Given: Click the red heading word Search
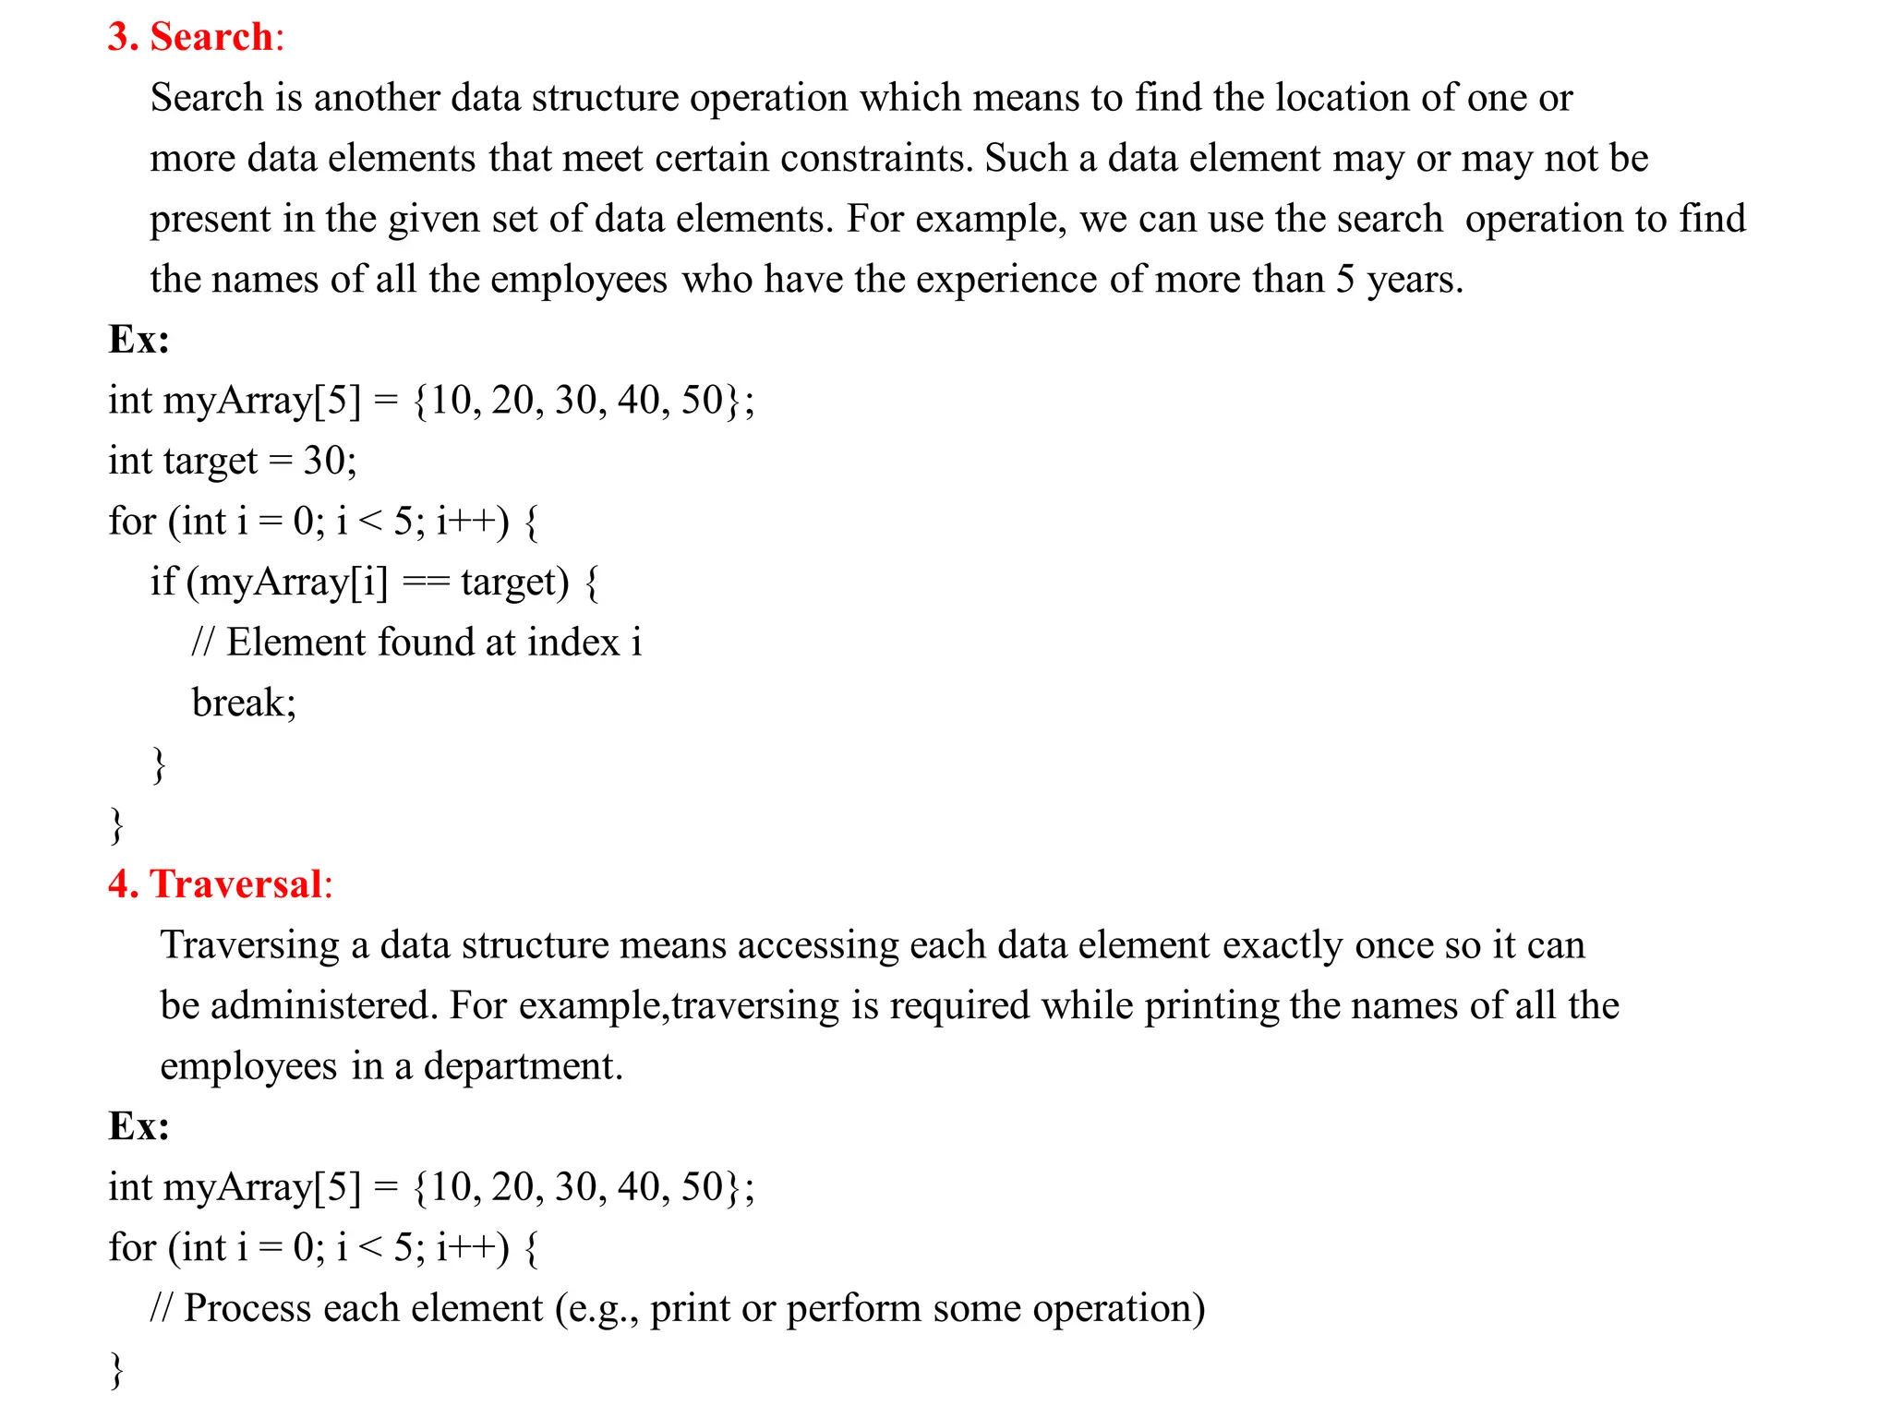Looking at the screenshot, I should click(211, 37).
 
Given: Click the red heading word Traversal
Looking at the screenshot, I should click(235, 883).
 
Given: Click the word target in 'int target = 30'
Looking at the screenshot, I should click(210, 461).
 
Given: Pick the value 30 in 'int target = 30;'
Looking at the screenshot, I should click(324, 461).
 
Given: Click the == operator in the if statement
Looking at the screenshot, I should click(426, 582).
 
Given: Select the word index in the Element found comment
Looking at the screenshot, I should click(573, 643).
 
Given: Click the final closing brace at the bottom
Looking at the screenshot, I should click(116, 1370).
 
